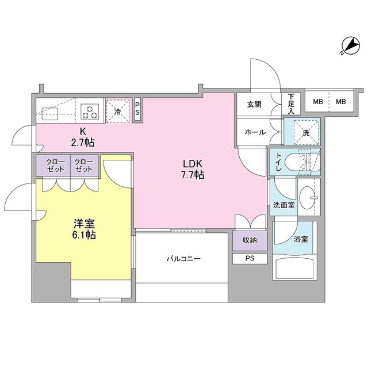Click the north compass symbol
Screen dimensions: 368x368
coord(348,45)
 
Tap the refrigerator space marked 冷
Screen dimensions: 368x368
coord(118,109)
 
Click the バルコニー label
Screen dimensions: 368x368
coord(184,259)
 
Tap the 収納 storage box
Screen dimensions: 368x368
coord(250,240)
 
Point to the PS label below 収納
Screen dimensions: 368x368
coord(250,258)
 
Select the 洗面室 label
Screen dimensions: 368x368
coord(283,205)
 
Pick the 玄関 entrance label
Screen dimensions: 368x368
coord(255,105)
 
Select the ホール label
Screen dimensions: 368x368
coord(255,132)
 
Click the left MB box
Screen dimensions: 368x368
coord(317,102)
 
